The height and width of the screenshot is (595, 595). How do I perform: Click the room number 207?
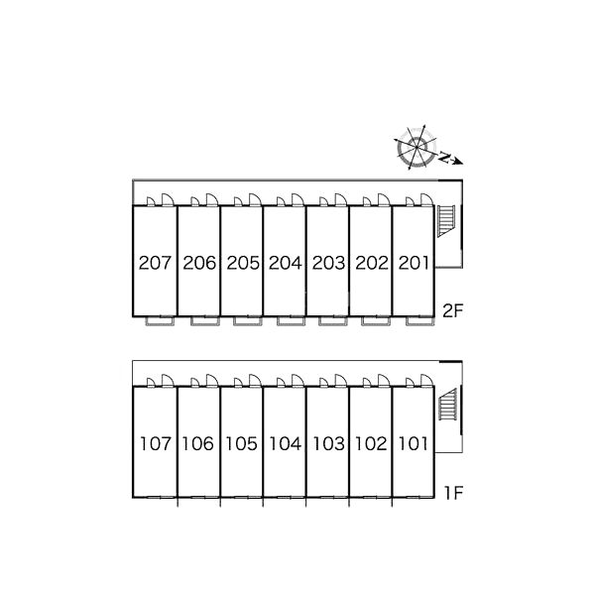(x=155, y=263)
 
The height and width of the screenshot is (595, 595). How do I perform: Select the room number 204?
(x=286, y=263)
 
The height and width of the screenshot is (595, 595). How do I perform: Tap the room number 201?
(x=414, y=263)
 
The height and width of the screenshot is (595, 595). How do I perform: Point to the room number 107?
(x=156, y=443)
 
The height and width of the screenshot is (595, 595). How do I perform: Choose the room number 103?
(x=328, y=443)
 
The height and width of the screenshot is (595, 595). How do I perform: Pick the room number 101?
(x=413, y=443)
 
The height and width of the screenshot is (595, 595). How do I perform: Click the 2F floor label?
(x=453, y=311)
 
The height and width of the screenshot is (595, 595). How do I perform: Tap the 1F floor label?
(x=454, y=493)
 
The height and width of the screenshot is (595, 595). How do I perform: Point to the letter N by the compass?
(x=443, y=157)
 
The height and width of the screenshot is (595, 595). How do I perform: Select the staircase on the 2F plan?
(x=446, y=221)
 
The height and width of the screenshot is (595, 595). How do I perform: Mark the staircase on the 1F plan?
(x=448, y=405)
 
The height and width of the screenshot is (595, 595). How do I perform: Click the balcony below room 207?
(x=160, y=321)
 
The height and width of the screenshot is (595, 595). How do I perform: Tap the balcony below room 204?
(x=291, y=321)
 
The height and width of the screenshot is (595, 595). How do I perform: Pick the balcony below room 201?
(x=420, y=321)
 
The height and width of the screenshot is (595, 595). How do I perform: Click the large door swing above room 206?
(x=211, y=199)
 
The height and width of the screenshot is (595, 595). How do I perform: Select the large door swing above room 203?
(x=340, y=199)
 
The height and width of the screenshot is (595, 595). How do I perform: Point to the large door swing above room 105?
(x=255, y=380)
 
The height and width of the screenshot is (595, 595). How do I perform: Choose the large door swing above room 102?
(x=384, y=380)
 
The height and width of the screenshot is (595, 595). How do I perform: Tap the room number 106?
(x=198, y=443)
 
